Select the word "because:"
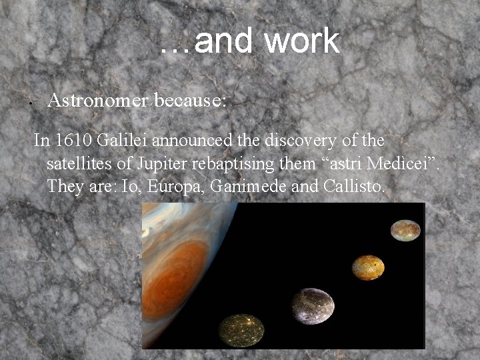click(191, 101)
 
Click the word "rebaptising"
click(243, 163)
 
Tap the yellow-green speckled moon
click(241, 330)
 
